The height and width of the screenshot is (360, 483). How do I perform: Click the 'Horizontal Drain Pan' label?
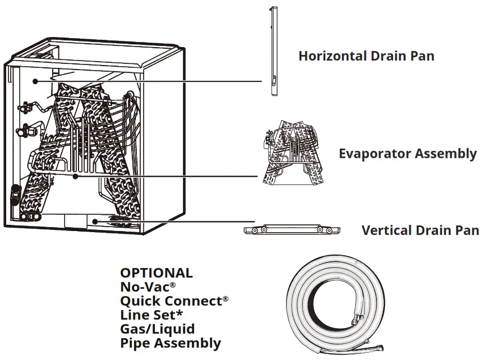(x=366, y=56)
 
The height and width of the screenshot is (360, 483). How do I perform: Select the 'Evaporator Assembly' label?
(x=407, y=154)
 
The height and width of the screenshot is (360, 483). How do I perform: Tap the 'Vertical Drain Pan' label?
(x=420, y=230)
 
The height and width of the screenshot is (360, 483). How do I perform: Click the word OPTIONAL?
(x=156, y=273)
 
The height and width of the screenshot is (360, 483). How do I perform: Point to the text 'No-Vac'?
(x=140, y=287)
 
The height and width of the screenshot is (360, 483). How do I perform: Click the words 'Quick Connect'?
(x=171, y=301)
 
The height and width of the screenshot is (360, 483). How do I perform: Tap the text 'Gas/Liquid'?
(x=157, y=329)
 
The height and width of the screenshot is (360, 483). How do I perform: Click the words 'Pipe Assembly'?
(x=171, y=343)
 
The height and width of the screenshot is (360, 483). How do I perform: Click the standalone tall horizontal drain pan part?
(x=273, y=50)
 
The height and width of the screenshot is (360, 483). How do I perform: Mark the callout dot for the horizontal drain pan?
(x=35, y=81)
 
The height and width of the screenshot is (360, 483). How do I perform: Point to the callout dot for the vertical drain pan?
(x=95, y=221)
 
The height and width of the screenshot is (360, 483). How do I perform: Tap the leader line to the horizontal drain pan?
(x=151, y=81)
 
